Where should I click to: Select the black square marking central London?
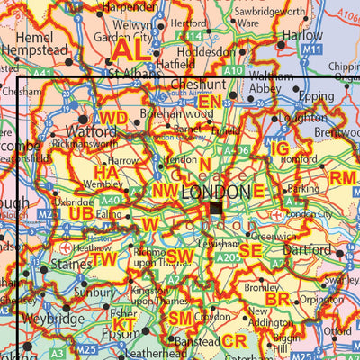[x=216, y=209]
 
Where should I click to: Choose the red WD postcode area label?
[x=113, y=118]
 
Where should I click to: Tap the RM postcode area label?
[x=342, y=178]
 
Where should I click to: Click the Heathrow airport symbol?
[x=64, y=247]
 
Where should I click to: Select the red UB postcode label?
[x=81, y=212]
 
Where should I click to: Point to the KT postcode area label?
[x=125, y=324]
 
